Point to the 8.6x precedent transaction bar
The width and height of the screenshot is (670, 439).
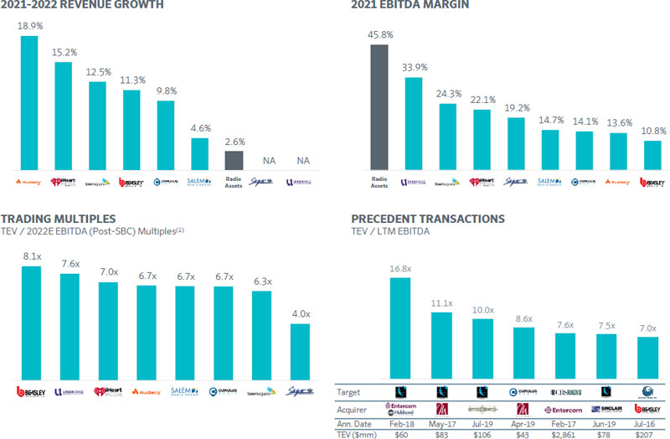pyautogui.click(x=523, y=351)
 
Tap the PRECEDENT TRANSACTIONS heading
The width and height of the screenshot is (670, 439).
pyautogui.click(x=428, y=219)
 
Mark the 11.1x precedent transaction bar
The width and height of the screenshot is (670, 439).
pyautogui.click(x=441, y=343)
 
